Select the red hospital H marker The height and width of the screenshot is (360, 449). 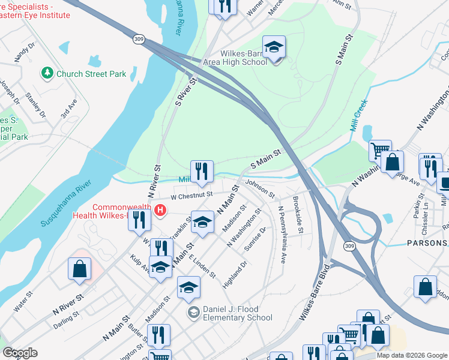tap(160, 210)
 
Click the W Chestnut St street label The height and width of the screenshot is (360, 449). tap(191, 194)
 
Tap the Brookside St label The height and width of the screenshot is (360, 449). tap(298, 214)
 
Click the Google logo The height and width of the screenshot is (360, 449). tap(20, 353)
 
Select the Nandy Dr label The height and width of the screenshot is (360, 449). tap(21, 52)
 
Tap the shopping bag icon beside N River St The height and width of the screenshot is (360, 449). tap(79, 270)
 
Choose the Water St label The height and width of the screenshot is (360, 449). tap(23, 295)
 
